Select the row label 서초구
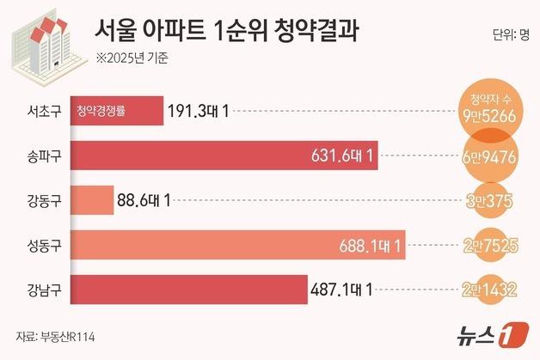(x=44, y=112)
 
